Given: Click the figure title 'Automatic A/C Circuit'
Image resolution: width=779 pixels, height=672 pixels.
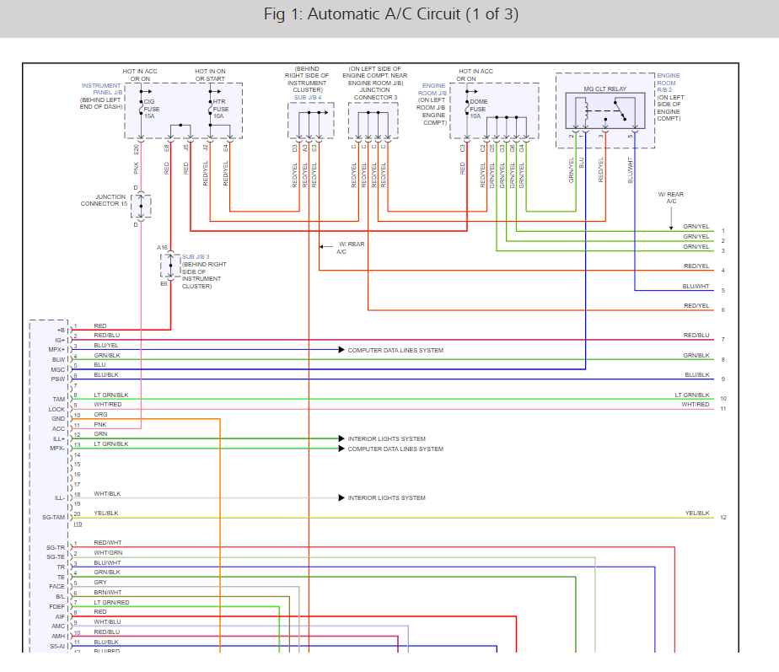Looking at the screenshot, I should coord(390,15).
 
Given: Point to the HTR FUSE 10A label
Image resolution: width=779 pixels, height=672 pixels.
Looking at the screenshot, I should coord(220,108).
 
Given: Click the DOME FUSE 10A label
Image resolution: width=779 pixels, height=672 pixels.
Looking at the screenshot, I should coord(479,108).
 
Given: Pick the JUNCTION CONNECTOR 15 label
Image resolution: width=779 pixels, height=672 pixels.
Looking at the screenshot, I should coord(104,201).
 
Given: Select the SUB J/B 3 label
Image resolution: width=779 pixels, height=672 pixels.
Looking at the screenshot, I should coord(196,256).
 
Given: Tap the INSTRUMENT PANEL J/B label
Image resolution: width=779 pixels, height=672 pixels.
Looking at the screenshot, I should coord(101,89).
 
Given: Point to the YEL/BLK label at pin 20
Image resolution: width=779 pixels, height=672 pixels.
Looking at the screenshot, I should coord(106,513).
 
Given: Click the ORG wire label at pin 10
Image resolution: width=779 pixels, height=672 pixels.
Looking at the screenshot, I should coord(100,415).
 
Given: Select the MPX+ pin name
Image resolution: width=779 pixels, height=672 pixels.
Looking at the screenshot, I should coord(55,350).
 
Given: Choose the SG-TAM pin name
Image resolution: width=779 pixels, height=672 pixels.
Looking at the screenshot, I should coord(54,517).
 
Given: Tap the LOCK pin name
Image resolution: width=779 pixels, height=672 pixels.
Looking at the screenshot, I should coord(56,409).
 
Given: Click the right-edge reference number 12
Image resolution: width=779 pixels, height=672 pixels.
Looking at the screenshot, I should coord(723,517).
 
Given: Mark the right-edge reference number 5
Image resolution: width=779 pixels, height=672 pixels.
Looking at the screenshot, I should coord(723,291).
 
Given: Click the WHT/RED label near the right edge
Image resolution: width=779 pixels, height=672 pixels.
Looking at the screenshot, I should coord(696,405).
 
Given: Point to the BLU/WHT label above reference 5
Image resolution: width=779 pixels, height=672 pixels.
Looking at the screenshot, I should coord(696,286).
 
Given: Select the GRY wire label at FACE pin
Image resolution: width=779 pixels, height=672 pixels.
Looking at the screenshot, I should coord(100,582).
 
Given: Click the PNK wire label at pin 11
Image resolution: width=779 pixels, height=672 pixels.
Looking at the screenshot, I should coord(100,424).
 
